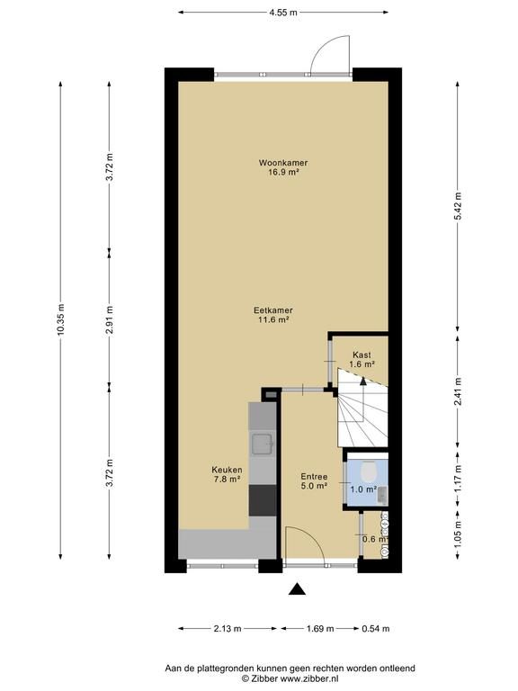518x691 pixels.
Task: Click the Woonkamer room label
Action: (283, 163)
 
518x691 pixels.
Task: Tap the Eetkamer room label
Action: (273, 310)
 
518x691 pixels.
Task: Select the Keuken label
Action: (227, 470)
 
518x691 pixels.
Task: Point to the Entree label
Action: (314, 476)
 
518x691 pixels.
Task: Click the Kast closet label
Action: (362, 354)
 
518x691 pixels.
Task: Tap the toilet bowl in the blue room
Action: (368, 471)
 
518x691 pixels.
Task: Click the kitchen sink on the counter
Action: (262, 444)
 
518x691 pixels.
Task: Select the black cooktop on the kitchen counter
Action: (263, 500)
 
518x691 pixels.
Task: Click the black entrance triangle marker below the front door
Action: (297, 588)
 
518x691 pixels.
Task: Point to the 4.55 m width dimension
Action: (283, 13)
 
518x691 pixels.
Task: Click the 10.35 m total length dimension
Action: (60, 320)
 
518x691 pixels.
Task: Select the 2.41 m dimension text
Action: (458, 391)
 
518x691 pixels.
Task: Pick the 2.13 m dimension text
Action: (228, 629)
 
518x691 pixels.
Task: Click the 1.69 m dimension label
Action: (320, 629)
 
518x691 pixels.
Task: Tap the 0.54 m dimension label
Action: (376, 629)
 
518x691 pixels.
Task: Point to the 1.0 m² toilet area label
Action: (363, 489)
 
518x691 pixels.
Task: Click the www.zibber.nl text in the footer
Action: (309, 678)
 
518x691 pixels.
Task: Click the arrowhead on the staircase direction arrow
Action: (363, 381)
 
